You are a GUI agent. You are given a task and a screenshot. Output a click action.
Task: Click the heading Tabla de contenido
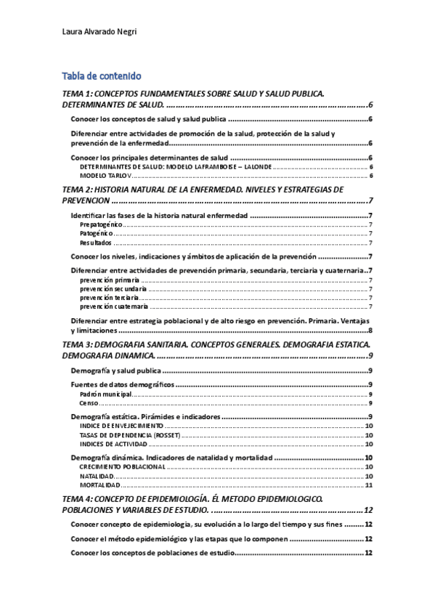(x=102, y=76)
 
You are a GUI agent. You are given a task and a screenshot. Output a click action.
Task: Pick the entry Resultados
(x=95, y=243)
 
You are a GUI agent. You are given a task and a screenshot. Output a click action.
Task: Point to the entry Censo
(x=89, y=403)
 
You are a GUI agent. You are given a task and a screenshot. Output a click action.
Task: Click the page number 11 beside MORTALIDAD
(x=369, y=485)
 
